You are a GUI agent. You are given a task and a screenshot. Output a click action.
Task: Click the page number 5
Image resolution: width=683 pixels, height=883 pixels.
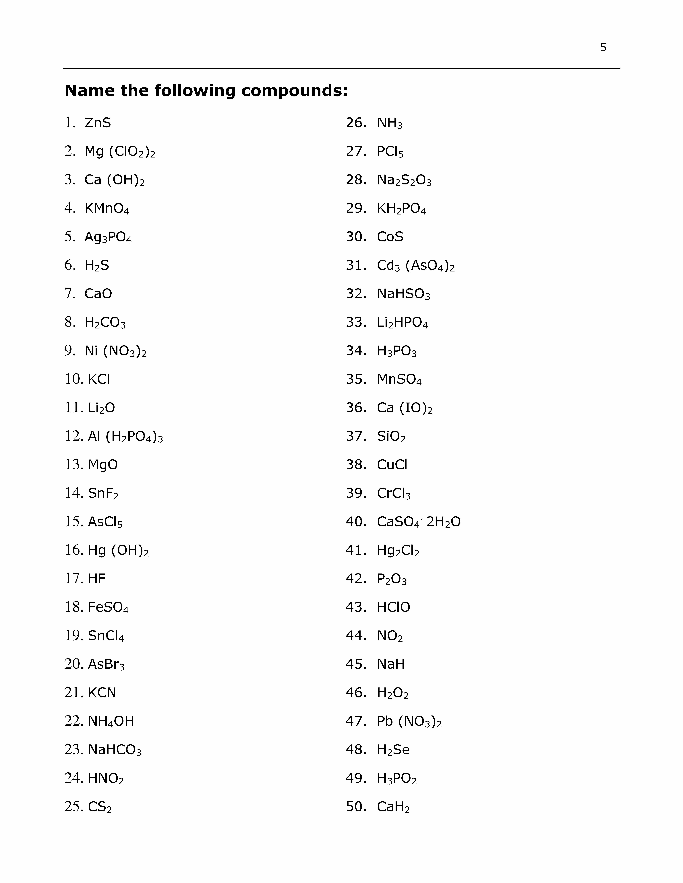(x=603, y=48)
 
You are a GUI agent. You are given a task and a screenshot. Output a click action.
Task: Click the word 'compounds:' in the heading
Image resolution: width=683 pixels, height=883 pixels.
(x=295, y=91)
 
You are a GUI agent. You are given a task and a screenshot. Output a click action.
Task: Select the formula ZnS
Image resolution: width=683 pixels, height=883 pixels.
(x=98, y=123)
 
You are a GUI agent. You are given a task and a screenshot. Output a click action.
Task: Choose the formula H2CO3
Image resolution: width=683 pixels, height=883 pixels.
(x=105, y=323)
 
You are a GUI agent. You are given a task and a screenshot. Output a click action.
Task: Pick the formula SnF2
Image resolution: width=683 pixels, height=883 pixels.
(x=103, y=493)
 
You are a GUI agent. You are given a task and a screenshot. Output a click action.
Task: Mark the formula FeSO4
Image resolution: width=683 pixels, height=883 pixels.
(x=108, y=607)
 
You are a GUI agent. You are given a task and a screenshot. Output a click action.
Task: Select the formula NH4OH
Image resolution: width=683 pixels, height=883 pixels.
(x=111, y=721)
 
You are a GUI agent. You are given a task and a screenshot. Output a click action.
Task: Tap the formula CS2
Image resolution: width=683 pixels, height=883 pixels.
(x=100, y=807)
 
